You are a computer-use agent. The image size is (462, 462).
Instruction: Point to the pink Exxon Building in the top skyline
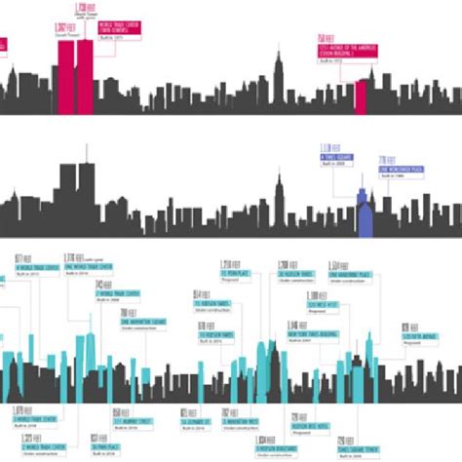tap(361, 97)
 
